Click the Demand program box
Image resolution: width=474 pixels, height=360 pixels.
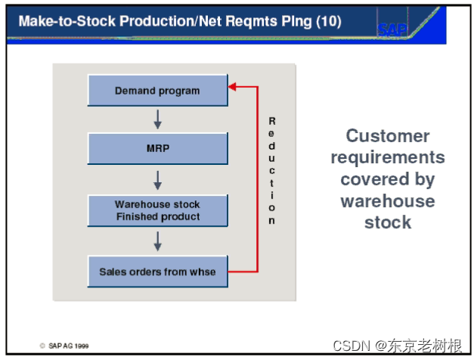[x=157, y=91]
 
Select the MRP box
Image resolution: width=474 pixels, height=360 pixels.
[x=157, y=149]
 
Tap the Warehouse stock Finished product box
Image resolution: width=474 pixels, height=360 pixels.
[x=157, y=210]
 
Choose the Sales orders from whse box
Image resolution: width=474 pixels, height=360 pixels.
[x=157, y=272]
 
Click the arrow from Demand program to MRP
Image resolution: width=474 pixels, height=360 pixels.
[x=157, y=119]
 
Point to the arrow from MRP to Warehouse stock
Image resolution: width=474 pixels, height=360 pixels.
[x=157, y=179]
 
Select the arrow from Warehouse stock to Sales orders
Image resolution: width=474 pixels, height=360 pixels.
[x=157, y=241]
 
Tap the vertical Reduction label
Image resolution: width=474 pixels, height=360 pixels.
[x=272, y=171]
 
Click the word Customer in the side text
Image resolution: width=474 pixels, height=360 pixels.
[x=388, y=136]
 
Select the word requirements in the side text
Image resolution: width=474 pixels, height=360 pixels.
[x=388, y=157]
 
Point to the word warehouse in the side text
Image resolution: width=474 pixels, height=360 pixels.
[x=388, y=201]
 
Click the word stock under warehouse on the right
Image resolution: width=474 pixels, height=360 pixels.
[x=388, y=222]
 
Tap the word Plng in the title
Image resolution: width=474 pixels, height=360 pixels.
[x=293, y=20]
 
